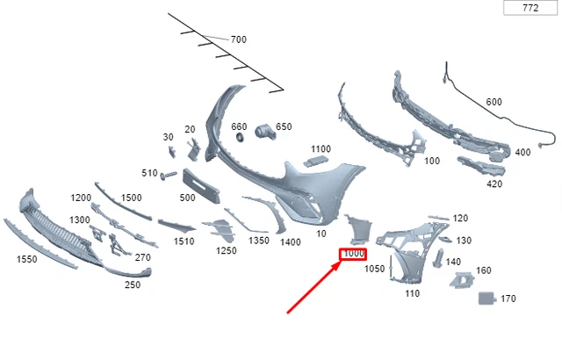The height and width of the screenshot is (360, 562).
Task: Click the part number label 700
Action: pos(238,40)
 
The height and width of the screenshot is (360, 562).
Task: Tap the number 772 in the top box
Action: pos(530,8)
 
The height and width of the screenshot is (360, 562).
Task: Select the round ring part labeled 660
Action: pos(240,137)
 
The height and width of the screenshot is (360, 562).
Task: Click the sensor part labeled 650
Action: pos(265,133)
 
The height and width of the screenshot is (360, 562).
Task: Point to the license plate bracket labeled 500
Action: pos(201,185)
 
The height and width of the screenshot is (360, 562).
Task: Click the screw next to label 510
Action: pos(169,175)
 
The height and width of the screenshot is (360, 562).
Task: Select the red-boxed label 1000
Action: pos(353,254)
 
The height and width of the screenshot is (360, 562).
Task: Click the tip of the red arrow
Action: pos(341,263)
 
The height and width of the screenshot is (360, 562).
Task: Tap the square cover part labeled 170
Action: pos(486,298)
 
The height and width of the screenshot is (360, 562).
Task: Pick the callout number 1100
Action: pos(321,149)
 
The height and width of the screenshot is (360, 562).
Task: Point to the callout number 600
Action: pos(494,102)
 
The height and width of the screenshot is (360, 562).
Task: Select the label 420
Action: pos(494,184)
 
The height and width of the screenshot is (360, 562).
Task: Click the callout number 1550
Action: pos(27,259)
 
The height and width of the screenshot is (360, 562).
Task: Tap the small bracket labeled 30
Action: pos(172,152)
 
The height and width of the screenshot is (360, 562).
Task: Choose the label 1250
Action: pos(227,251)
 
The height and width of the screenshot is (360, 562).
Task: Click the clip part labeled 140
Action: pos(438,258)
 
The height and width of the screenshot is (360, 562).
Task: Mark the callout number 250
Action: pos(133,285)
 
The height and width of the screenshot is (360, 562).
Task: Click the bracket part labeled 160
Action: pos(462,280)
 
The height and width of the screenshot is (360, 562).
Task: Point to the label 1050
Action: pos(375,269)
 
